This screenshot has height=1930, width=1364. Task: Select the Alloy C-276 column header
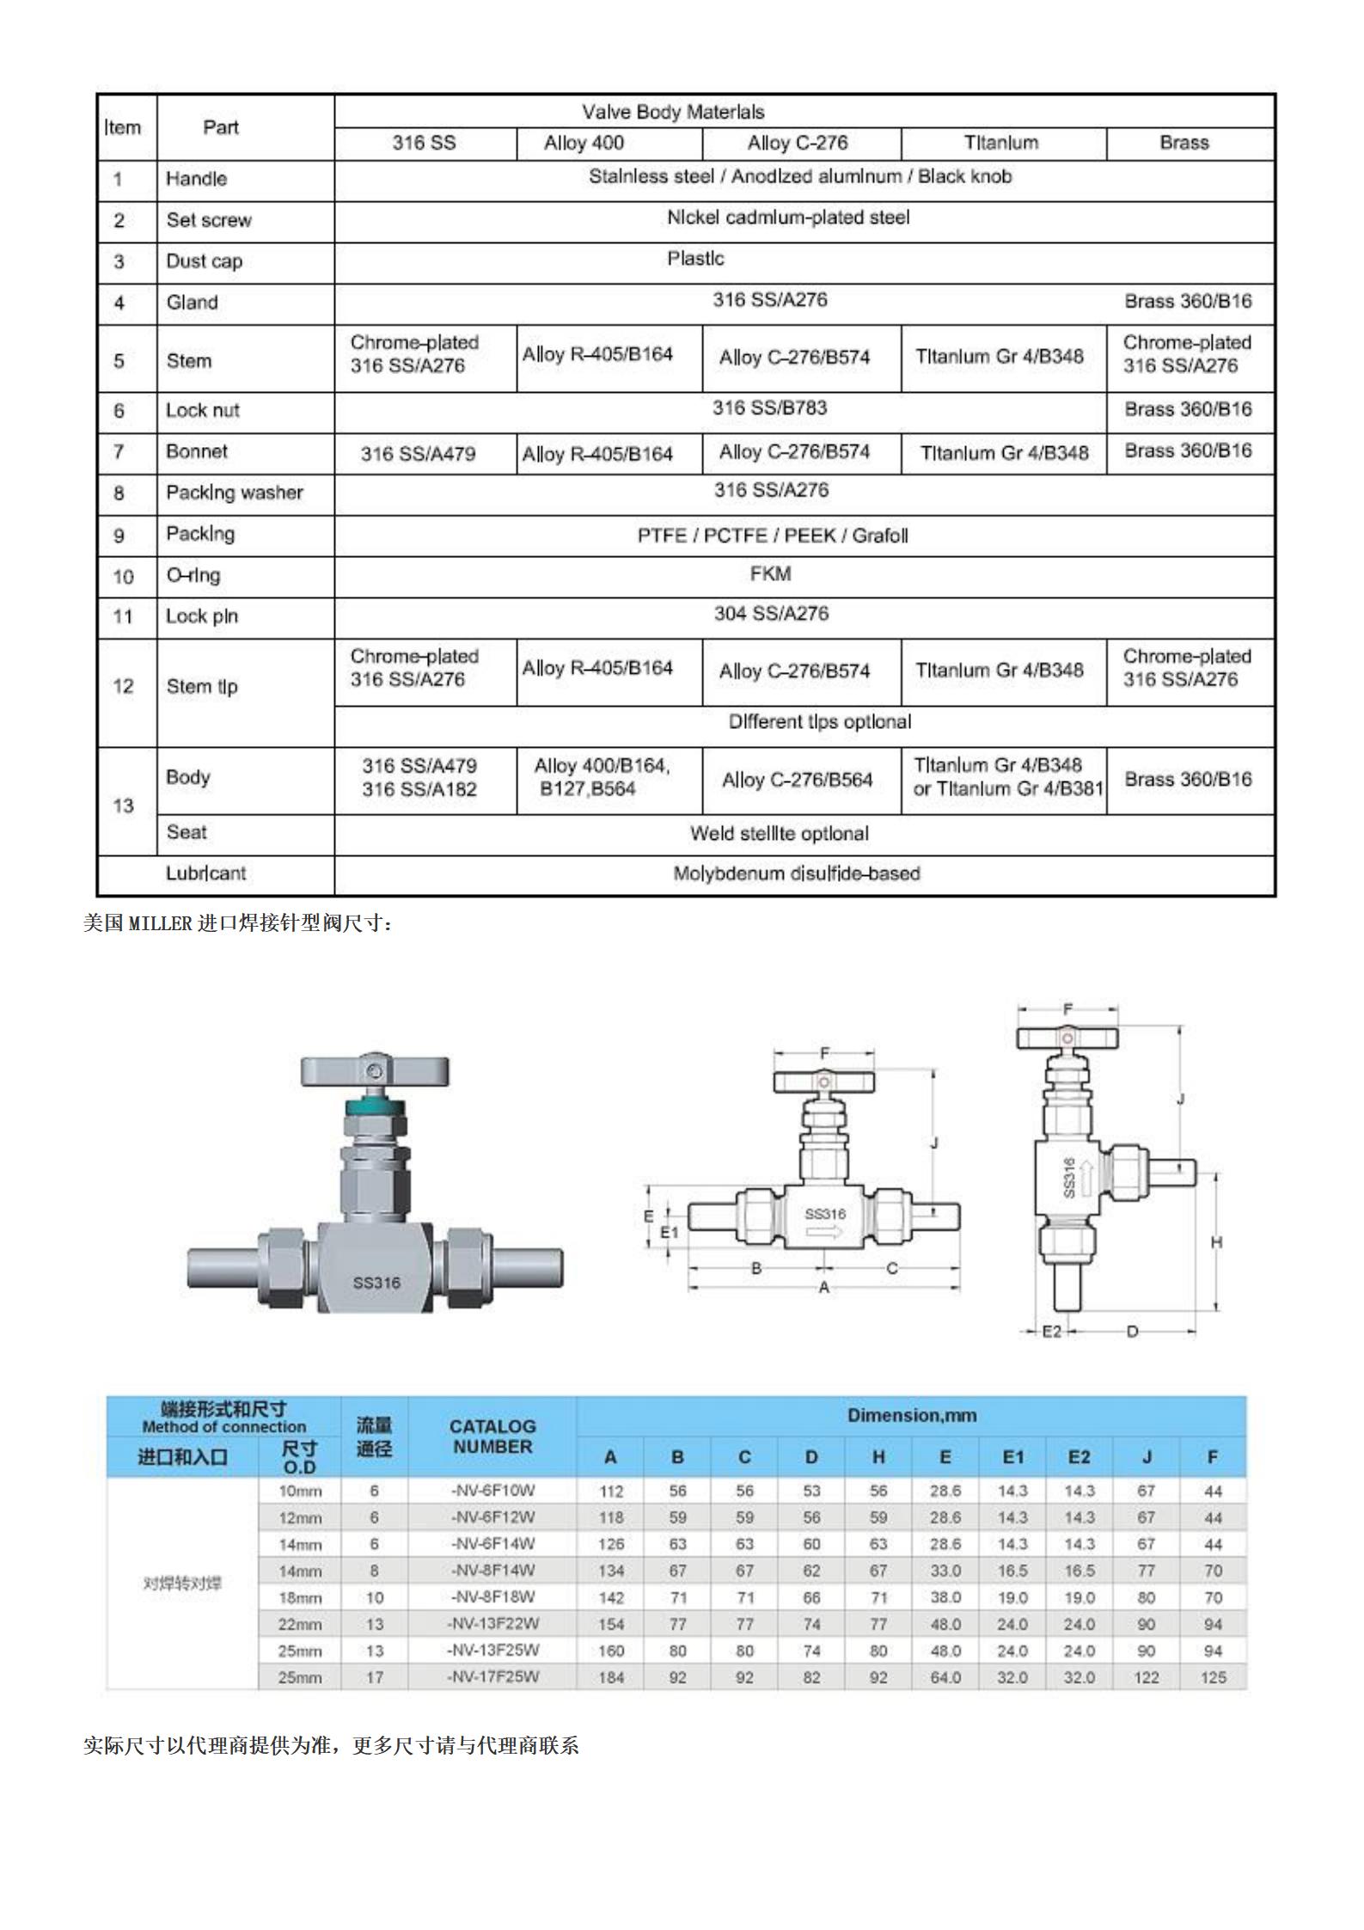[x=797, y=143]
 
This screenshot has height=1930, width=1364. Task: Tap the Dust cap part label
[x=205, y=261]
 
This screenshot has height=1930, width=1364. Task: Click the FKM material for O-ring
[x=770, y=573]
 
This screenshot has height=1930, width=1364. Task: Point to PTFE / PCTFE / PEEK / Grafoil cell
[x=772, y=536]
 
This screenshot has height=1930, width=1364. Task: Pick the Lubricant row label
[x=206, y=873]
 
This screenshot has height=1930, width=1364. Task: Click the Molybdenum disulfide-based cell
[x=796, y=873]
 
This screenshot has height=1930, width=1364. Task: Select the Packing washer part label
[x=235, y=493]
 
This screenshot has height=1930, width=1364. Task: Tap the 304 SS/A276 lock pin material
[x=771, y=614]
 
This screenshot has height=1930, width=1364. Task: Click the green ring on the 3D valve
[x=374, y=1104]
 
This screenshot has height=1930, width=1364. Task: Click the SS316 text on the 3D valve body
[x=376, y=1283]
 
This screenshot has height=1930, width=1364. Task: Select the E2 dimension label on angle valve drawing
[x=1052, y=1332]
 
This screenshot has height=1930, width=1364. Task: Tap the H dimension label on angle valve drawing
[x=1216, y=1242]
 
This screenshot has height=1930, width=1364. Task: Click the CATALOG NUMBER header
[x=492, y=1437]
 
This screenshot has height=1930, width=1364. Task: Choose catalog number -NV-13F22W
[x=492, y=1624]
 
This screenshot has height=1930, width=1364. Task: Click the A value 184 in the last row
[x=611, y=1677]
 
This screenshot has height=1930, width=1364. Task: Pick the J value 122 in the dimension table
[x=1146, y=1677]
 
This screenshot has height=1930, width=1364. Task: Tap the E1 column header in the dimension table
[x=1012, y=1457]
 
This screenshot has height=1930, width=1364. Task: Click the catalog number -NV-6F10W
[x=492, y=1490]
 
